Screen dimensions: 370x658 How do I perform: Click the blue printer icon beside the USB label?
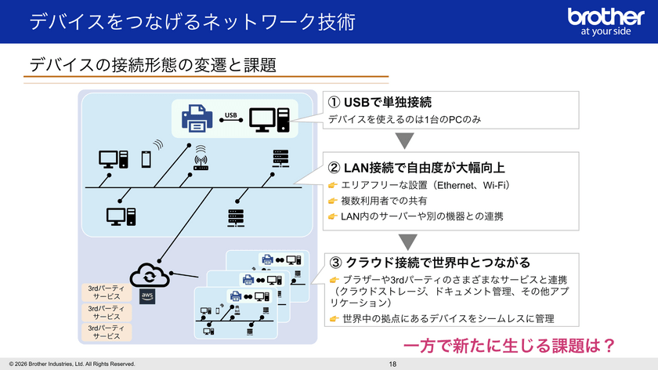coord(197,118)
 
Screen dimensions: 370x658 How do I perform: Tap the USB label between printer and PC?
coord(230,117)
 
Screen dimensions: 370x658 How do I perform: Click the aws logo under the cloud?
coord(146,296)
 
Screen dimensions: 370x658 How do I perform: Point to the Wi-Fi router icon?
coord(201,161)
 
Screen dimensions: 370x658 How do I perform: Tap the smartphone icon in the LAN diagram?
coord(145,159)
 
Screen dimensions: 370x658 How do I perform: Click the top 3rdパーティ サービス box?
coord(107,292)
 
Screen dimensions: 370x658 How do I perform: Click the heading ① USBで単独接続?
coord(380,103)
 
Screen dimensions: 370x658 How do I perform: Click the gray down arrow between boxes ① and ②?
coord(404,141)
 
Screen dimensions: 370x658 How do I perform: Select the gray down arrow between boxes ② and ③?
coord(404,239)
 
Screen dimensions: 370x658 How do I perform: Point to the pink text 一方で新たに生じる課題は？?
coord(507,345)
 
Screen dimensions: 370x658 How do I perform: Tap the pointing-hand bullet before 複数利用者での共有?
coord(332,201)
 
